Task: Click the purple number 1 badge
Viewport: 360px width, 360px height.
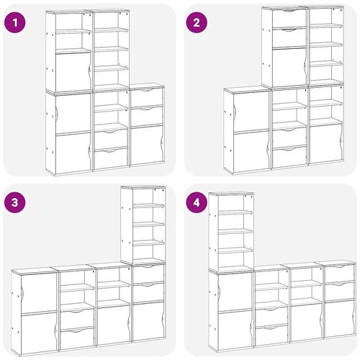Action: [x=15, y=22]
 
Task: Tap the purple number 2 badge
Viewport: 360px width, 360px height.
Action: [x=197, y=22]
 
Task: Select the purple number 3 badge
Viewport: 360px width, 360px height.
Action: [x=15, y=202]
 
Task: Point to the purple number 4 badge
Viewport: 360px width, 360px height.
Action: [x=197, y=202]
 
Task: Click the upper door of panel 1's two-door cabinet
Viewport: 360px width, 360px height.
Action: [x=73, y=114]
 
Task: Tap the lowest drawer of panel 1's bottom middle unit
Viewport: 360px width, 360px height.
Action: [x=111, y=158]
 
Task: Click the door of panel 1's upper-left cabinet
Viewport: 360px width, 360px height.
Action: [x=73, y=72]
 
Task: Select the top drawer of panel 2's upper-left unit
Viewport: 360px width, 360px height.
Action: [x=289, y=18]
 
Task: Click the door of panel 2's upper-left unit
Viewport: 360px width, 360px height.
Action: [x=289, y=67]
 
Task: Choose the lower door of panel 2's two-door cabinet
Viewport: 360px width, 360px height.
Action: [x=251, y=152]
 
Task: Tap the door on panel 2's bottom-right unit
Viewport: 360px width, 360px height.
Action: [x=325, y=143]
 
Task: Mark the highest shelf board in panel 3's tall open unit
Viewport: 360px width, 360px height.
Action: [x=148, y=206]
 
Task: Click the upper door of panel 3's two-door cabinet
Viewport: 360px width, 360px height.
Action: [x=39, y=294]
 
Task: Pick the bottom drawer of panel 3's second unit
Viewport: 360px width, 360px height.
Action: [x=77, y=338]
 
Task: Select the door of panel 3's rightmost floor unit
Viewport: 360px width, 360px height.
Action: [x=148, y=321]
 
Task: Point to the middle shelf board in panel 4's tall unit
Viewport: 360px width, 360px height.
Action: [x=235, y=231]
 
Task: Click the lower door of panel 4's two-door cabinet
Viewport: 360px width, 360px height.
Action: [x=235, y=330]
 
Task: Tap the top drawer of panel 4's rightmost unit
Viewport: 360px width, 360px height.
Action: [x=339, y=273]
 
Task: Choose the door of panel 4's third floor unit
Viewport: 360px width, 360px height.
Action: [x=306, y=323]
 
